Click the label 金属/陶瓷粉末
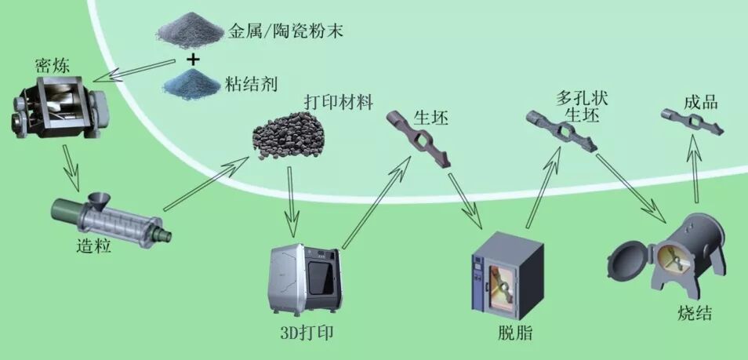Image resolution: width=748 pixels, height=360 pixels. click(x=285, y=32)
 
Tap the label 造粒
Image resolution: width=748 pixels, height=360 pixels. click(x=95, y=245)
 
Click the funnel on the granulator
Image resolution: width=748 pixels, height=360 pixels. click(x=99, y=199)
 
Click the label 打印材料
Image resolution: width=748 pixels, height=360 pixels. click(x=338, y=103)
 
